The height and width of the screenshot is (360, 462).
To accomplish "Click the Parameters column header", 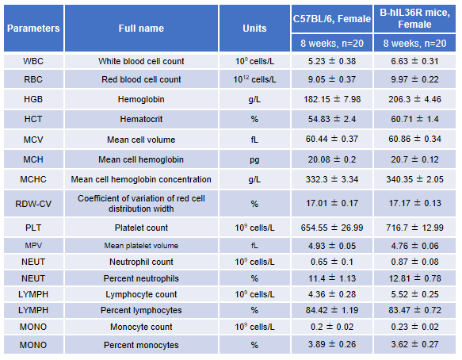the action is [x=33, y=29].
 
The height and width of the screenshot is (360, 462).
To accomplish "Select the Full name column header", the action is [x=141, y=29].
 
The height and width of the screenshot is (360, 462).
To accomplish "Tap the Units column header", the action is [x=254, y=29].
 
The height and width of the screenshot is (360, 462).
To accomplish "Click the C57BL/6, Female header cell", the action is [x=332, y=19].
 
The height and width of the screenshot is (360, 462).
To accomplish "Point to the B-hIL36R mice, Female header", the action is [x=414, y=18].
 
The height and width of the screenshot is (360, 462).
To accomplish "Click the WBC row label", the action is [x=33, y=61].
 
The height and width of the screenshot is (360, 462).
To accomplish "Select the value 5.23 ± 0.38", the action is [x=332, y=61].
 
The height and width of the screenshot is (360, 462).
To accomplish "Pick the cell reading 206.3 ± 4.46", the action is [x=414, y=99].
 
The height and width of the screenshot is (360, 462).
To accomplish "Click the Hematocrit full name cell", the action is [x=141, y=119].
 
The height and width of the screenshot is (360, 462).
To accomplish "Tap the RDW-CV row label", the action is [x=33, y=204].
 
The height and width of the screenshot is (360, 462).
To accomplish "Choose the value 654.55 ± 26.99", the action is [x=332, y=228].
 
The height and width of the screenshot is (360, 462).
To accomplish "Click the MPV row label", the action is [x=33, y=246].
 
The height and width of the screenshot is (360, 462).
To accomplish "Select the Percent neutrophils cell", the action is [x=141, y=278].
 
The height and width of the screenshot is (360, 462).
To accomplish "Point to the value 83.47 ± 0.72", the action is [x=414, y=310].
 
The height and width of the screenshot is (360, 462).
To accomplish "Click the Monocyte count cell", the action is [x=141, y=327].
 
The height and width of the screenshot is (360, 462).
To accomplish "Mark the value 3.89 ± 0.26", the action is [x=332, y=344].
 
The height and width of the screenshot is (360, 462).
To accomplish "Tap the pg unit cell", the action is [x=254, y=160].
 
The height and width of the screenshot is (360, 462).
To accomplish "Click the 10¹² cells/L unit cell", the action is [x=254, y=79].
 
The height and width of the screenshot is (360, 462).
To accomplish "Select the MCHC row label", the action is [x=33, y=179].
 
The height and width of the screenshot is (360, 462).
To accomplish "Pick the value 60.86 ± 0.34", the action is [x=414, y=139].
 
